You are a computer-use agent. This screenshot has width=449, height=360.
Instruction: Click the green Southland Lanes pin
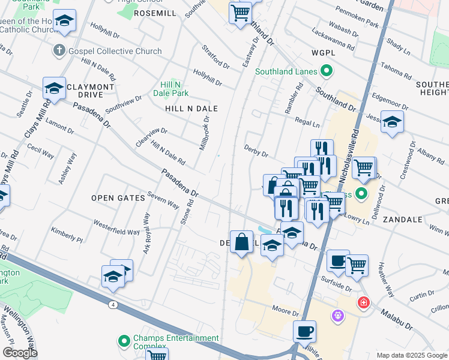click(327, 72)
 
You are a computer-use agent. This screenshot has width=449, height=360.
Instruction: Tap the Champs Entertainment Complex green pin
click(124, 342)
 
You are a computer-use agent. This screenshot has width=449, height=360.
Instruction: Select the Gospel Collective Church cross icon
click(59, 50)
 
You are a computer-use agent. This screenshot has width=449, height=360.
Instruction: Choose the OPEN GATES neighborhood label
click(118, 197)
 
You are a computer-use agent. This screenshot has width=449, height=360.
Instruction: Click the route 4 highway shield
click(113, 305)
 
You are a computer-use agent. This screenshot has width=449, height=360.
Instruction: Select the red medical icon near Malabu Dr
click(363, 302)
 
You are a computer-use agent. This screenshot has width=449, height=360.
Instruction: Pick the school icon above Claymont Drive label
click(54, 88)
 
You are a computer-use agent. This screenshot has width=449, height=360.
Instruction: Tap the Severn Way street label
click(163, 200)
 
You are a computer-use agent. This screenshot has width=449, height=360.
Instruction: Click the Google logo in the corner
click(20, 353)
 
